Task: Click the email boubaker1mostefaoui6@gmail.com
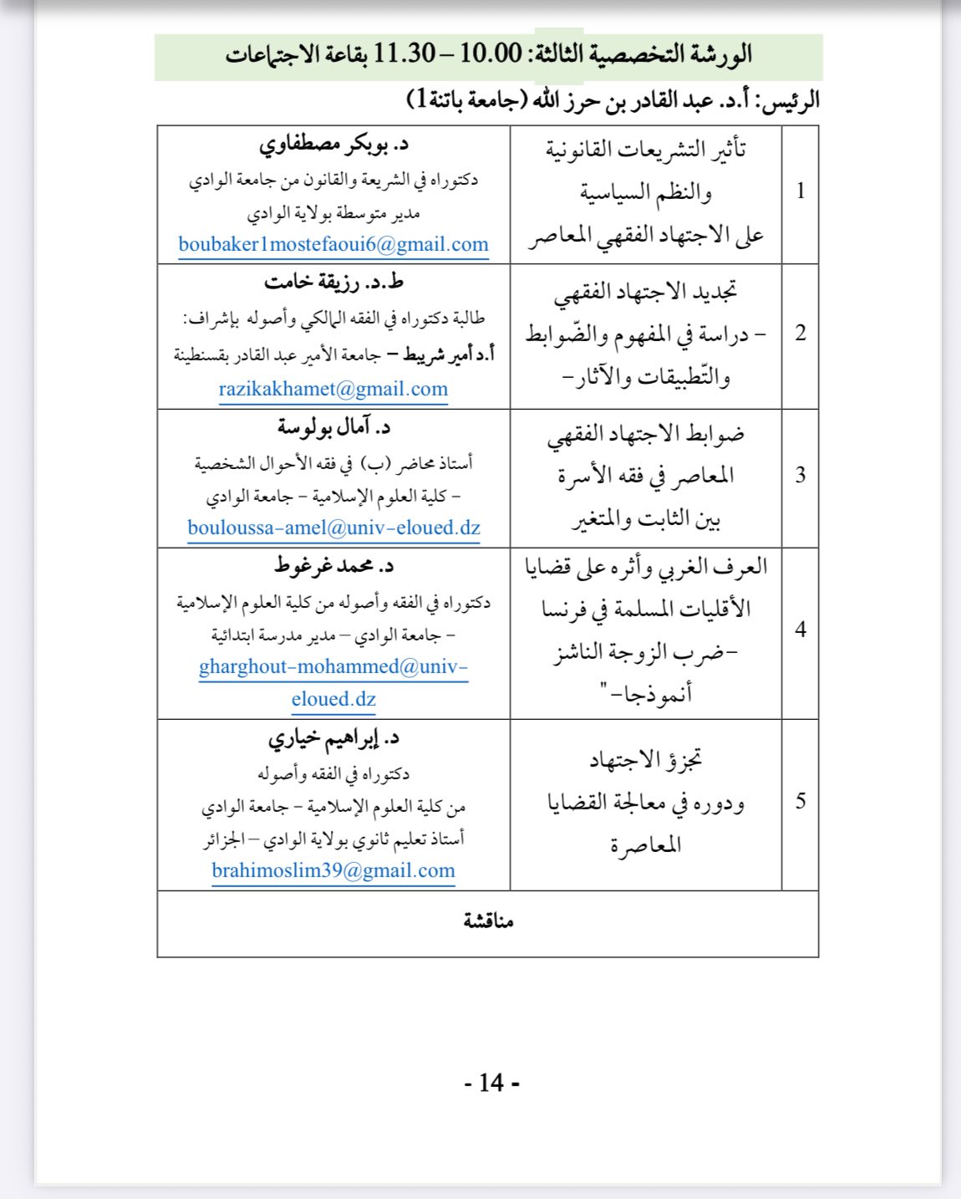(x=333, y=245)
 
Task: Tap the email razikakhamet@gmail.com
(x=333, y=389)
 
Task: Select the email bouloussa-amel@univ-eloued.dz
(x=333, y=528)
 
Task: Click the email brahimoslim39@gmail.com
(x=333, y=870)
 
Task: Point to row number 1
(x=801, y=191)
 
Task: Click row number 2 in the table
(x=801, y=334)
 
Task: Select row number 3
(x=801, y=476)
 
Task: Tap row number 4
(x=801, y=630)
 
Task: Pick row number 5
(x=801, y=802)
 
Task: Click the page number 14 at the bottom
(x=491, y=1084)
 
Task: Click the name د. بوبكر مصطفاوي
(x=333, y=145)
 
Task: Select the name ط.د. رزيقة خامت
(x=333, y=282)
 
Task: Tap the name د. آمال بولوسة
(x=333, y=428)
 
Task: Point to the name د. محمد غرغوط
(x=333, y=566)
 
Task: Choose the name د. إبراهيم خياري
(x=333, y=738)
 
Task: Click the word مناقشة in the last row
(x=488, y=921)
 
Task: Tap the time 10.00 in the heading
(x=491, y=54)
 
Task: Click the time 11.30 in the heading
(x=404, y=54)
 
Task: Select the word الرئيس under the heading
(x=788, y=102)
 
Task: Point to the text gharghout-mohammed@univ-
(x=333, y=667)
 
